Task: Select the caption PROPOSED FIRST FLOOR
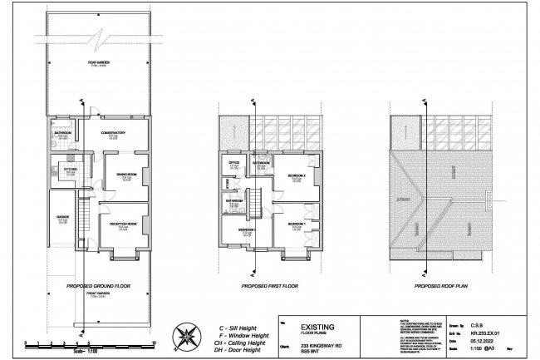[268, 284]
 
